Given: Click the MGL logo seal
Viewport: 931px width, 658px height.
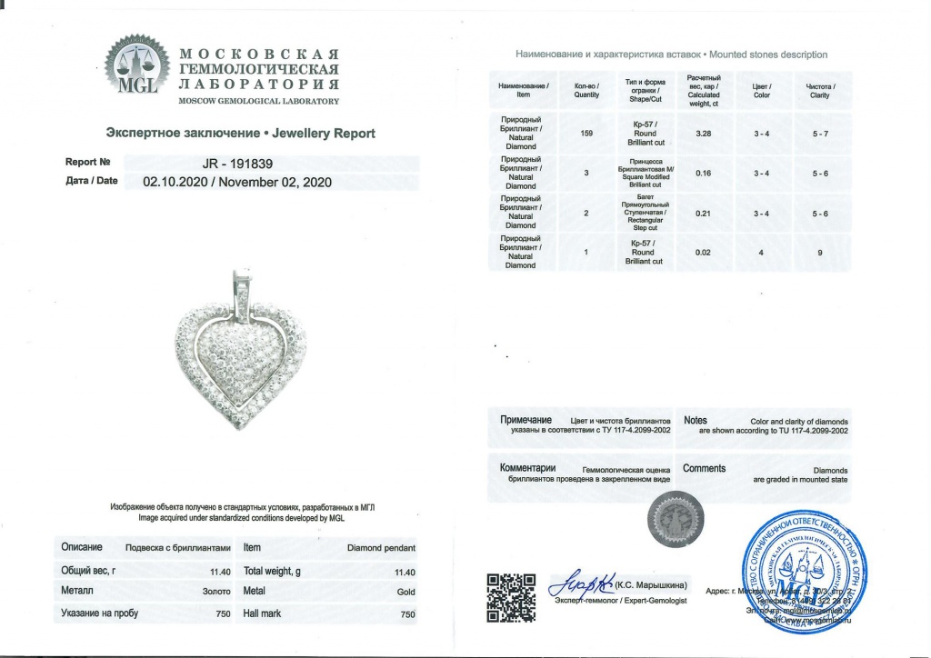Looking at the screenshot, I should (137, 65).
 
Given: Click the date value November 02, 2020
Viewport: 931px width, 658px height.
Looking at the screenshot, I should (280, 181).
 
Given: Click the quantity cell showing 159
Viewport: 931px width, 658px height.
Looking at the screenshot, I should (586, 134).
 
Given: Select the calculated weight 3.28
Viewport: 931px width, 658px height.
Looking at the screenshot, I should (702, 134).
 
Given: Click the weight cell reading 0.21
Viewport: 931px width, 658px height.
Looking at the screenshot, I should (702, 213).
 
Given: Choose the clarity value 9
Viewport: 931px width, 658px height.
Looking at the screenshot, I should (819, 253).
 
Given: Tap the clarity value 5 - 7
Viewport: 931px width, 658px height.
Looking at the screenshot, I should (819, 134).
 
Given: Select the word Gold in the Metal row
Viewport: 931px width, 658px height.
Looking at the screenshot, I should (405, 593).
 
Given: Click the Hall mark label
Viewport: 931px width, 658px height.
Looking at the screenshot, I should (262, 613).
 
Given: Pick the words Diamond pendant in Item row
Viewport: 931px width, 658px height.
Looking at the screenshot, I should (382, 548).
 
